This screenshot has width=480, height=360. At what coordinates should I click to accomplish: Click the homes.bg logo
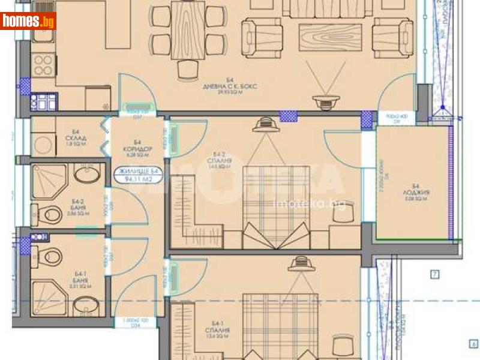29,21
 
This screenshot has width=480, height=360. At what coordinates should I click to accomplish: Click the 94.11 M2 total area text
137,178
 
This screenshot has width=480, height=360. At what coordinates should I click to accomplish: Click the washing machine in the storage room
43,144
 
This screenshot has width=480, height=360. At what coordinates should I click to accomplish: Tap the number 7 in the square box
435,275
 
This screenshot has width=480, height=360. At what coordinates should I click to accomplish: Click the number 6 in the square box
473,344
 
